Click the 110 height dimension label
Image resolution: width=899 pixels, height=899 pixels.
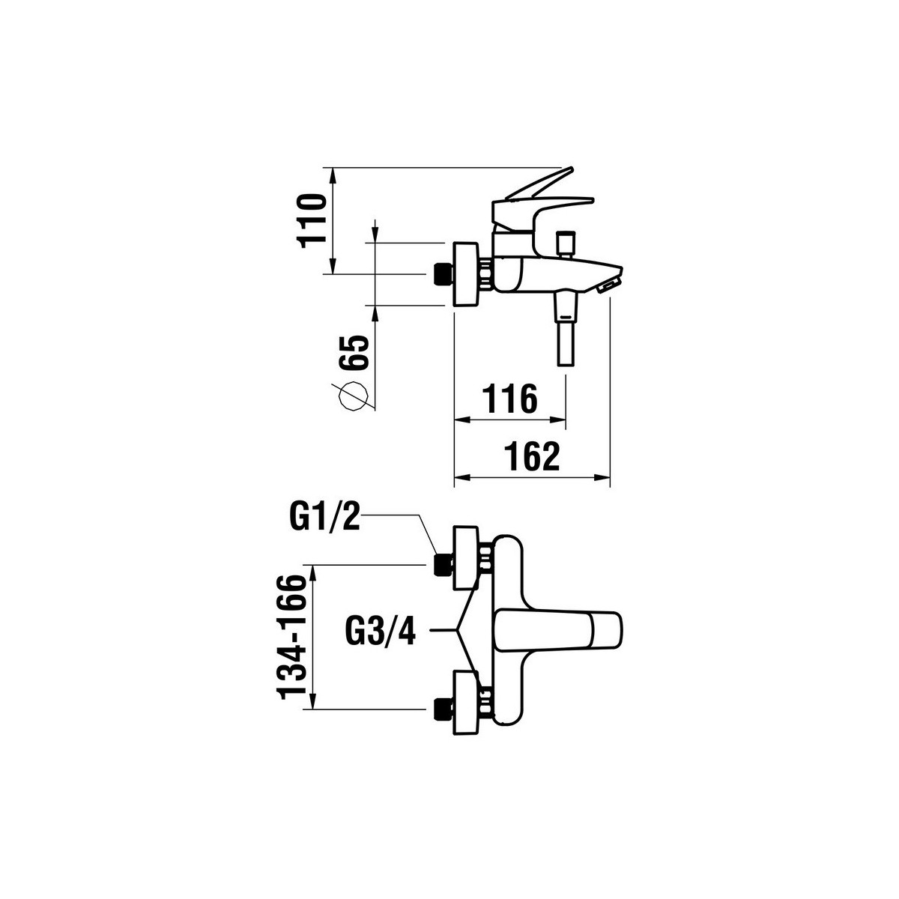(312, 221)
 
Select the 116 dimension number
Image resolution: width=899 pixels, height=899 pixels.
(509, 399)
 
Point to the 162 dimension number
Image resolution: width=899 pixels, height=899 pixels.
(532, 456)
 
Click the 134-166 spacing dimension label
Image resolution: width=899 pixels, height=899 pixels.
(291, 644)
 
